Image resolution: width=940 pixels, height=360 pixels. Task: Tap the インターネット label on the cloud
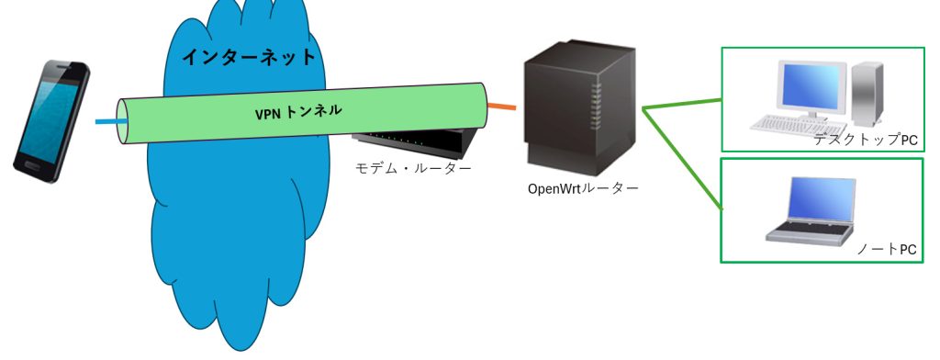tap(248, 57)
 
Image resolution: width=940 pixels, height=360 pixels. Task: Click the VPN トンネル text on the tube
tap(298, 113)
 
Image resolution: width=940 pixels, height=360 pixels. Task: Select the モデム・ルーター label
tap(413, 168)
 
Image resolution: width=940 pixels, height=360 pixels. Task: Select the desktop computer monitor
tap(811, 87)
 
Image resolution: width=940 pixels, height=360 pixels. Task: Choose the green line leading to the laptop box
tap(684, 161)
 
